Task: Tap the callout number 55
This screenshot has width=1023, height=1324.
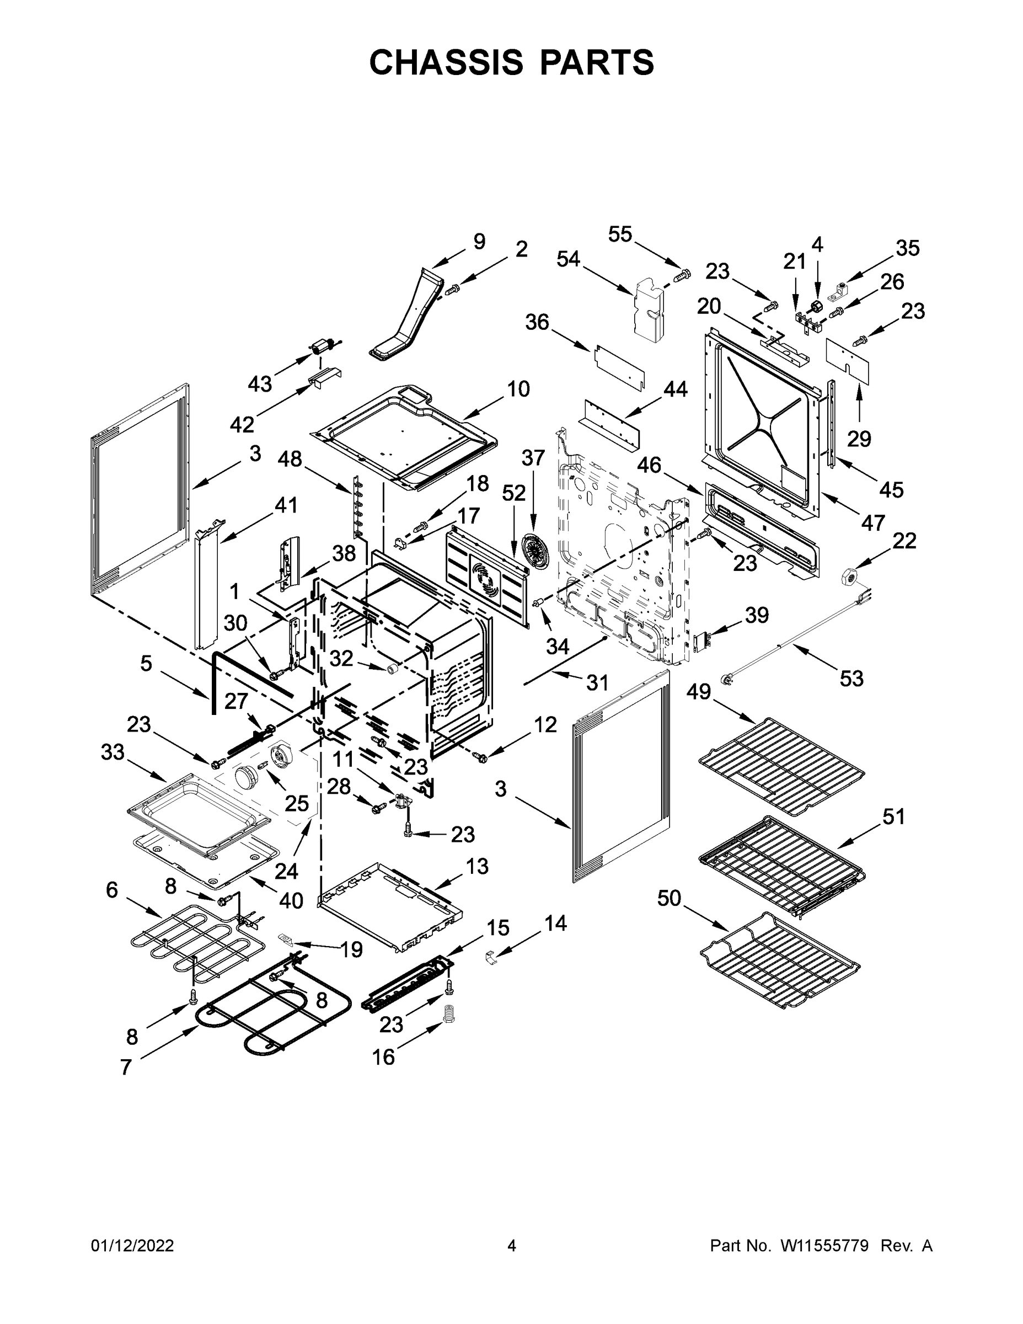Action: pyautogui.click(x=620, y=234)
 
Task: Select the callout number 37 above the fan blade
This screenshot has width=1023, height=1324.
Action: pyautogui.click(x=533, y=458)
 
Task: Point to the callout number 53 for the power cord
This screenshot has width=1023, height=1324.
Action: pyautogui.click(x=851, y=679)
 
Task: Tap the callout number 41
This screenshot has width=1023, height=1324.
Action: pyautogui.click(x=286, y=505)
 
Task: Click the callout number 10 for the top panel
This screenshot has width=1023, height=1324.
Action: pyautogui.click(x=518, y=388)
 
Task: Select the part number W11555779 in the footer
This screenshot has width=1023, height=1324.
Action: pyautogui.click(x=824, y=1246)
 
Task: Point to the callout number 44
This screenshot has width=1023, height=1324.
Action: pyautogui.click(x=675, y=389)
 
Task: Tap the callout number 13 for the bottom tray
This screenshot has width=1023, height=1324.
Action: pyautogui.click(x=477, y=866)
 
